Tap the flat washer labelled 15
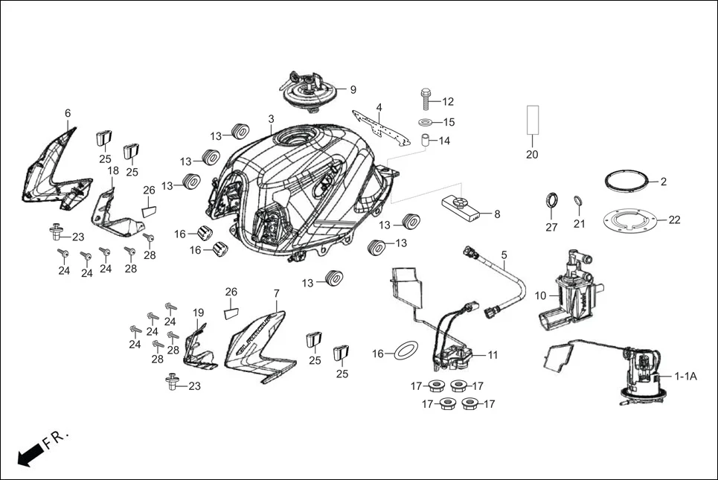[x=426, y=121]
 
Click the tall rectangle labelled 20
[x=532, y=119]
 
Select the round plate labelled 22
[x=629, y=220]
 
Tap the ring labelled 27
[x=551, y=201]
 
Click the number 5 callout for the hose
[x=504, y=255]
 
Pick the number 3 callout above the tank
[x=271, y=119]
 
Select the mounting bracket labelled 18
[x=113, y=211]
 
